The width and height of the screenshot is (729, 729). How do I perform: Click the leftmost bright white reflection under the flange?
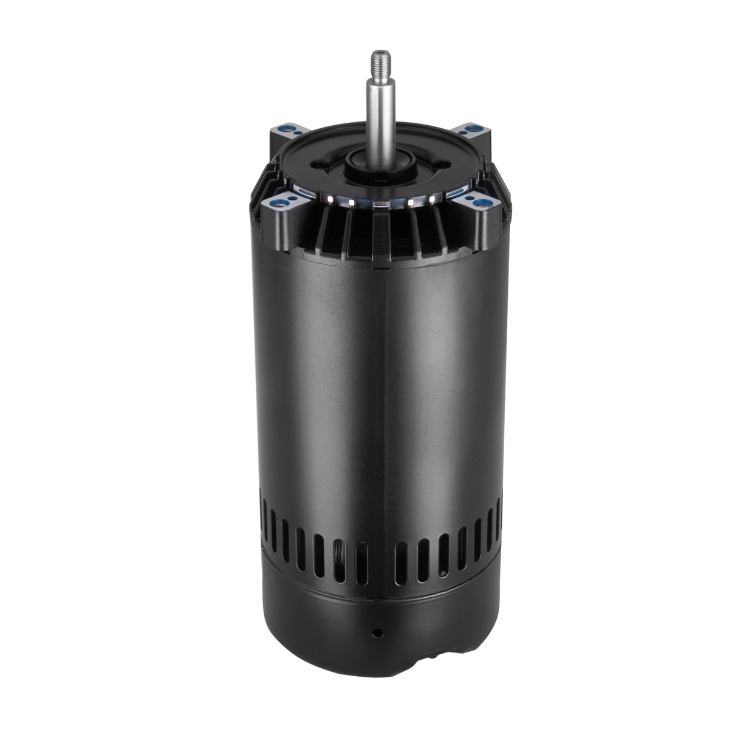pos(329,197)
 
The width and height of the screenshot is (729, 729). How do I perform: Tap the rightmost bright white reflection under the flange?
pos(434,199)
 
